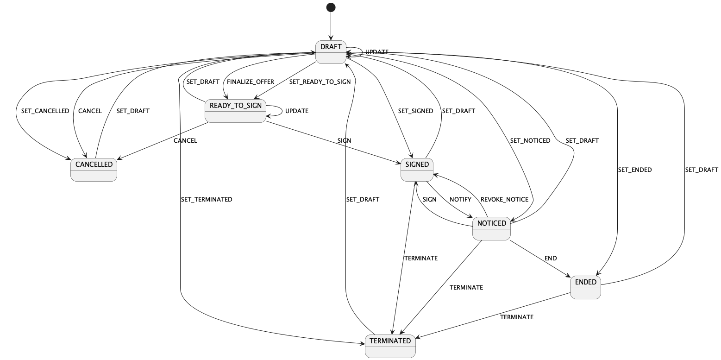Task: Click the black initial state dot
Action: pos(331,7)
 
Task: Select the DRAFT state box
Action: pos(331,52)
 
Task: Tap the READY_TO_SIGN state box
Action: pos(235,111)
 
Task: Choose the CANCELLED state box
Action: pos(94,170)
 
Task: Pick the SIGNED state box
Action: pos(417,170)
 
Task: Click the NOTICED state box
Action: pos(491,228)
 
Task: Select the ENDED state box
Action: pos(585,288)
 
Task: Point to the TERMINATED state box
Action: pos(390,346)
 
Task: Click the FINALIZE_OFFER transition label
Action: pos(251,82)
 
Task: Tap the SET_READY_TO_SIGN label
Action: pos(320,82)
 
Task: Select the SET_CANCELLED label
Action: pos(45,111)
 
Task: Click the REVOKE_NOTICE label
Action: pos(504,200)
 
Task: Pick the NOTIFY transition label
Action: pos(460,200)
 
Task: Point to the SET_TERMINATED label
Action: pos(207,200)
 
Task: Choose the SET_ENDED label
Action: pos(635,170)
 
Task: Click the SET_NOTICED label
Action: pos(530,141)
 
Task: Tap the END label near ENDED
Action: pos(551,258)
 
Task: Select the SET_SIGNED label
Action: pos(415,111)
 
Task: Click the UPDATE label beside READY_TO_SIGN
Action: pos(297,111)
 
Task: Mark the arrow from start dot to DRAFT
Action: pos(331,26)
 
